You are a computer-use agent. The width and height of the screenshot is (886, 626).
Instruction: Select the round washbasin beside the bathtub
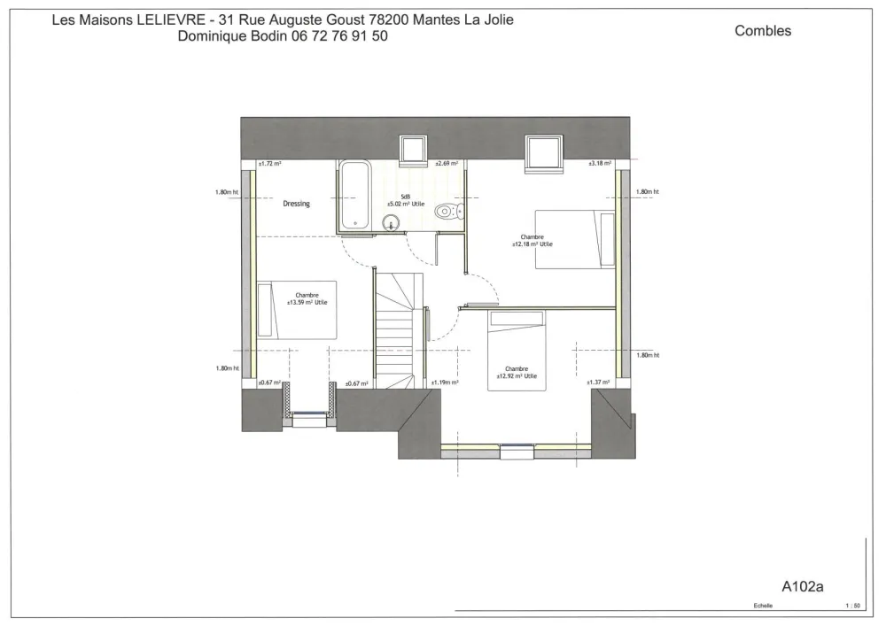pyautogui.click(x=390, y=221)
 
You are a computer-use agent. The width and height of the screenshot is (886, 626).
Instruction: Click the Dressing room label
pyautogui.click(x=296, y=204)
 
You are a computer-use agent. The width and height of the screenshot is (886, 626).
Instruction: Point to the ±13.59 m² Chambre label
pyautogui.click(x=307, y=299)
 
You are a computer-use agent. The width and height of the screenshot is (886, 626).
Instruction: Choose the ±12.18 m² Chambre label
pyautogui.click(x=532, y=240)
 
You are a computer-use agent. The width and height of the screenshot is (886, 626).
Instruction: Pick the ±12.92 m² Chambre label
pyautogui.click(x=517, y=372)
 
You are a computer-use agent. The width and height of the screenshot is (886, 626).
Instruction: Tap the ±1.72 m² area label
pyautogui.click(x=269, y=164)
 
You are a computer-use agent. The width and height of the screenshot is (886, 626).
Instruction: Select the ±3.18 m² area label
pyautogui.click(x=601, y=164)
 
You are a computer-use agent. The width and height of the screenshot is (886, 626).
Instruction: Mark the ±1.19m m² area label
pyautogui.click(x=444, y=383)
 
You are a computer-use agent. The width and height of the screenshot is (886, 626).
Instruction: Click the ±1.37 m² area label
pyautogui.click(x=598, y=383)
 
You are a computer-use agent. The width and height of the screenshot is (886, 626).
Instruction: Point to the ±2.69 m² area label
pyautogui.click(x=447, y=164)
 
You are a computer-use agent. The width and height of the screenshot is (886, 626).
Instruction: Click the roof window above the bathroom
pyautogui.click(x=413, y=151)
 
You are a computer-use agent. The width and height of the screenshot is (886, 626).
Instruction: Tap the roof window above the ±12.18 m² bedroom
pyautogui.click(x=543, y=151)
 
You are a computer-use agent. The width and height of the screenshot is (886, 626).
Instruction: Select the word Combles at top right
pyautogui.click(x=763, y=31)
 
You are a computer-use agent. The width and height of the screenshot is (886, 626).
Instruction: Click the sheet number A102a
pyautogui.click(x=803, y=585)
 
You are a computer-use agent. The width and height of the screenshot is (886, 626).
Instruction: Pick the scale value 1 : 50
pyautogui.click(x=853, y=607)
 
